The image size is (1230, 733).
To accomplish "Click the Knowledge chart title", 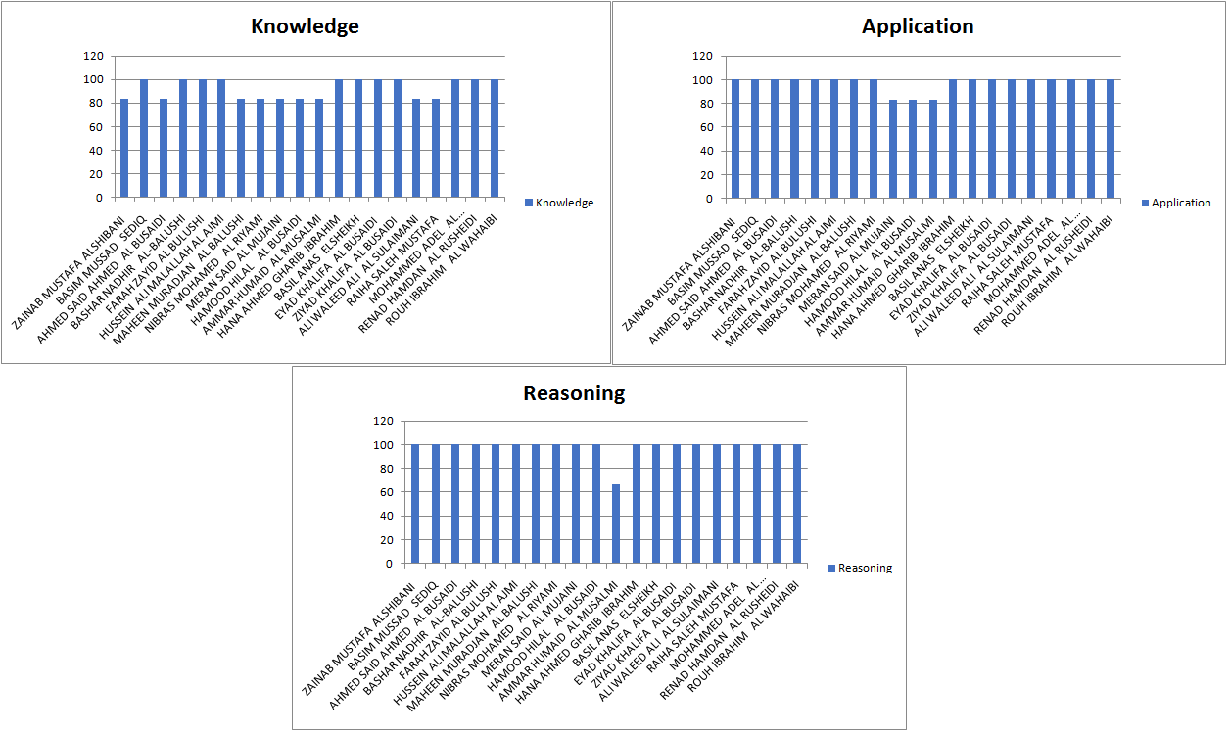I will pyautogui.click(x=305, y=26).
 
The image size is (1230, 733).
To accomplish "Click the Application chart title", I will pyautogui.click(x=918, y=26).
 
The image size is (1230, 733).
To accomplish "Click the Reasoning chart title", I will pyautogui.click(x=574, y=393).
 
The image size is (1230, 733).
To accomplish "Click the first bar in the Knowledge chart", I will pyautogui.click(x=124, y=148).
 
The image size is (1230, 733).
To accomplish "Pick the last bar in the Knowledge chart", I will pyautogui.click(x=495, y=138).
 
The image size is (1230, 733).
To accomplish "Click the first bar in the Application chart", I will pyautogui.click(x=735, y=138).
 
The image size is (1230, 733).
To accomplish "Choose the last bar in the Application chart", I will pyautogui.click(x=1111, y=138).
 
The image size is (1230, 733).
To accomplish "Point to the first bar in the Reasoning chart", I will pyautogui.click(x=415, y=504).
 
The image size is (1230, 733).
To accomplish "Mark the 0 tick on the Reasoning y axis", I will pyautogui.click(x=388, y=564).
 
